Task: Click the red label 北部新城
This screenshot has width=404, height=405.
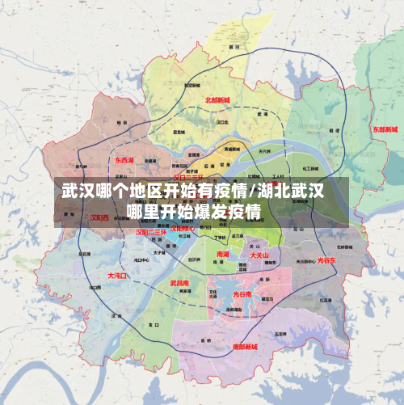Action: pos(217,100)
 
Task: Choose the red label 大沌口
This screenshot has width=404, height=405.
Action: pos(118,276)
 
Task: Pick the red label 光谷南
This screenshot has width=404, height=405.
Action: pos(242,295)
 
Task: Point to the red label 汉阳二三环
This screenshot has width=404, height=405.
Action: pos(150,232)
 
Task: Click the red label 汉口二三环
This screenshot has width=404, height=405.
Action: pos(187,176)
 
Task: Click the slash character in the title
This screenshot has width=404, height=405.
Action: pos(250,192)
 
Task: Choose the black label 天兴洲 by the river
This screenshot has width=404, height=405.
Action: pos(264,150)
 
